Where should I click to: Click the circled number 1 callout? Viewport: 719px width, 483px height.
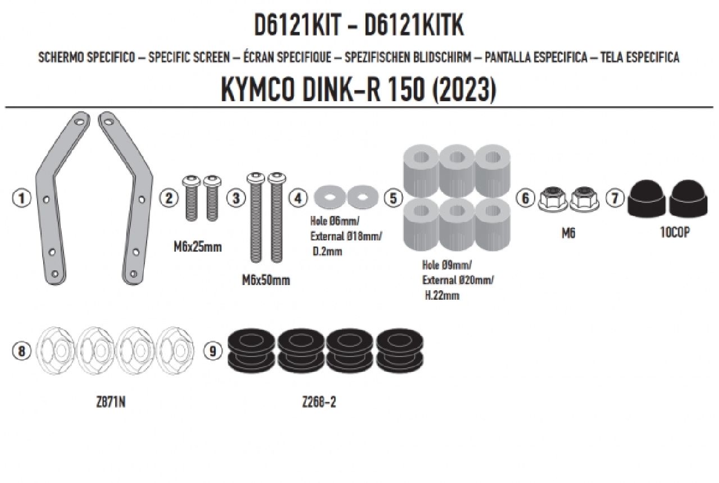tap(22, 198)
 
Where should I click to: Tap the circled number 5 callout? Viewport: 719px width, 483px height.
tap(393, 198)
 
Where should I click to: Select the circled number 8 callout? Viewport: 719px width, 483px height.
tap(21, 351)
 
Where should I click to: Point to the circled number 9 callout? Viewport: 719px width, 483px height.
tap(213, 351)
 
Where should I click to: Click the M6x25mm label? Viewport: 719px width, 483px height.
tap(197, 247)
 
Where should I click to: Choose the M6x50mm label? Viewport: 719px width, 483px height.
tap(266, 281)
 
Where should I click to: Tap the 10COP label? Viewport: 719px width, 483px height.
tap(675, 232)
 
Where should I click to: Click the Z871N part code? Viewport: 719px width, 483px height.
tap(111, 403)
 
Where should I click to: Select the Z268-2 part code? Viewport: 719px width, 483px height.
tap(318, 403)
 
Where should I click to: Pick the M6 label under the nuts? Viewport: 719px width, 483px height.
tap(568, 233)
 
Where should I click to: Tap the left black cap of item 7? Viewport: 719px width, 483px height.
tap(646, 199)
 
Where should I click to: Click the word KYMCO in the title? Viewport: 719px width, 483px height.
tap(258, 90)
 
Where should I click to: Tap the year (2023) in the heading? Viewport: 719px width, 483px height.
tap(463, 91)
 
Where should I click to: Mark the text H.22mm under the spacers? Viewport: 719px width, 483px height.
tap(442, 295)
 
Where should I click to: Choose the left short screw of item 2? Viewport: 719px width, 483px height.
tap(192, 198)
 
